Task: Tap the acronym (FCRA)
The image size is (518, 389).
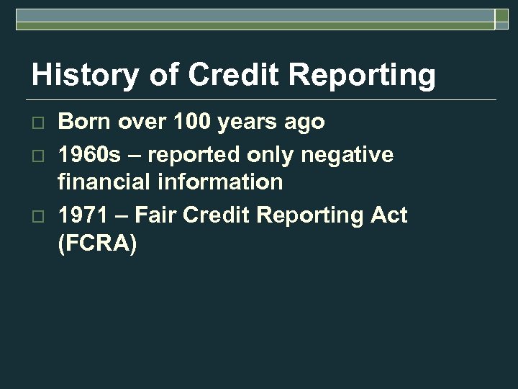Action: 96,244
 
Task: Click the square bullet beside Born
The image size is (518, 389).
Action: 39,123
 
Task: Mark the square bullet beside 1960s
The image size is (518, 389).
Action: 39,155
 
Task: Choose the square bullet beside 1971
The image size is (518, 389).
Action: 39,215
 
